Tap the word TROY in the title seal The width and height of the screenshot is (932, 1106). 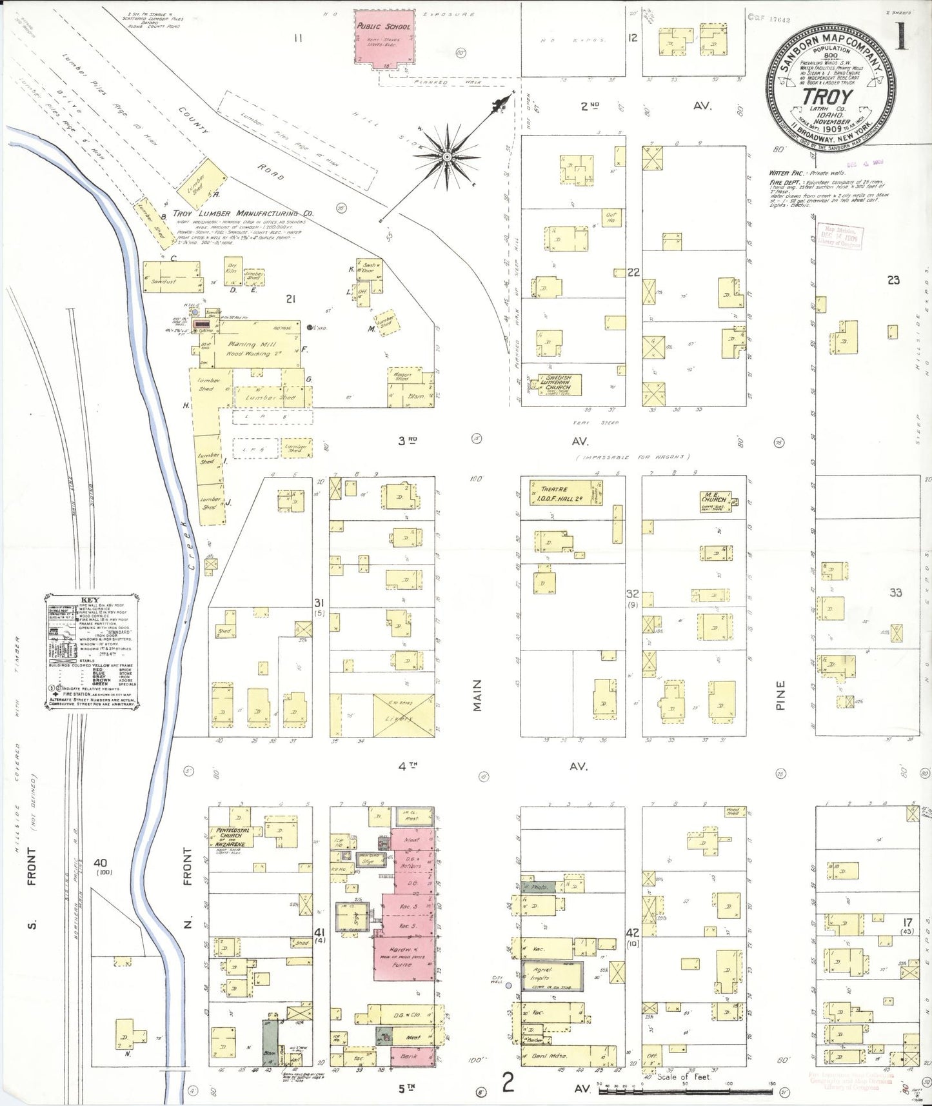pyautogui.click(x=828, y=96)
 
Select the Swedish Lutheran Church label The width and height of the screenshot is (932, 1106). pyautogui.click(x=558, y=383)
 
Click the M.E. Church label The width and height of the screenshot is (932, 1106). pyautogui.click(x=714, y=499)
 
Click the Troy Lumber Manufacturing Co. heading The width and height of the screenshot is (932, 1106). pyautogui.click(x=243, y=213)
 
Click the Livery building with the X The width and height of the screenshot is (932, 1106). pyautogui.click(x=403, y=715)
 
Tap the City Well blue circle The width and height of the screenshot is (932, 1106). pyautogui.click(x=508, y=985)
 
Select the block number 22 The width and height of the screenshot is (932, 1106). pyautogui.click(x=633, y=272)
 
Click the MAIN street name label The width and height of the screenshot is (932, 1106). pyautogui.click(x=477, y=696)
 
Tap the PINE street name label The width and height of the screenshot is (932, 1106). pyautogui.click(x=780, y=696)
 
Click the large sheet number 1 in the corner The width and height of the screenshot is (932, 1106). pyautogui.click(x=900, y=36)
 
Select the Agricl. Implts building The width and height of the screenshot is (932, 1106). pyautogui.click(x=551, y=976)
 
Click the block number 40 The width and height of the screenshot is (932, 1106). pyautogui.click(x=100, y=863)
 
